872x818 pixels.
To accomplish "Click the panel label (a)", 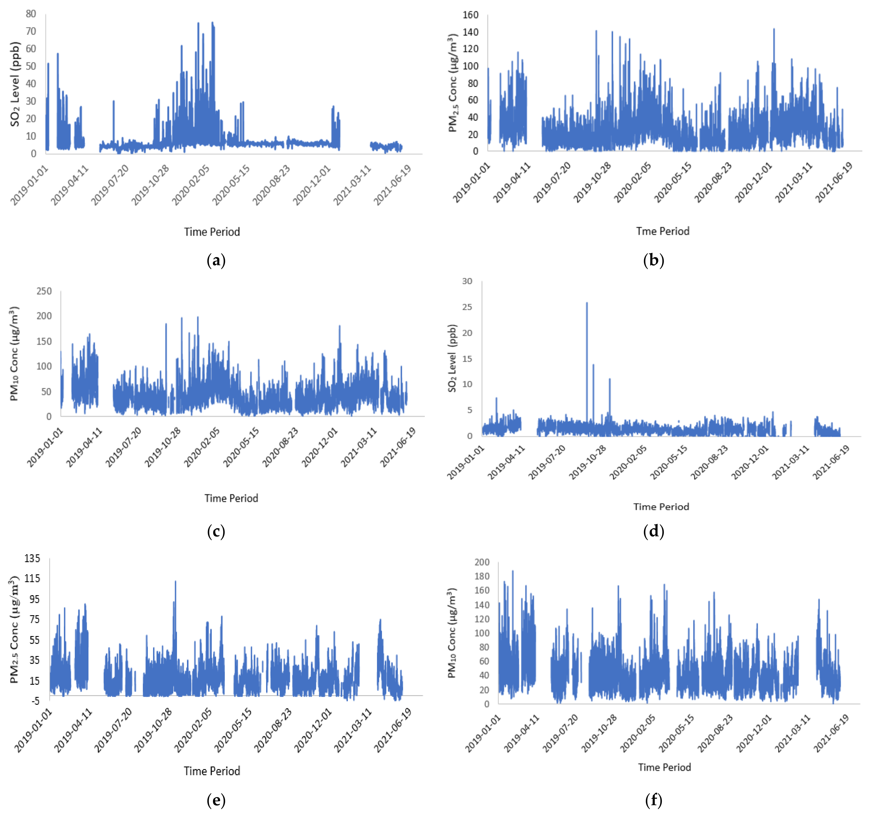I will pyautogui.click(x=216, y=261).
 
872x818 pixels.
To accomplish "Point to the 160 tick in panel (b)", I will pyautogui.click(x=470, y=15).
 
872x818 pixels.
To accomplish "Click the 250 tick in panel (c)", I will pyautogui.click(x=44, y=291).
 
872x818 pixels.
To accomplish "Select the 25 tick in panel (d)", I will pyautogui.click(x=467, y=307).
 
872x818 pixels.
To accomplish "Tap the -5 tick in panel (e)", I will pyautogui.click(x=35, y=701).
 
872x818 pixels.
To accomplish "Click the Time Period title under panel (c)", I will pyautogui.click(x=231, y=498).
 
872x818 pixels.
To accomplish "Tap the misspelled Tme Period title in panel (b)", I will pyautogui.click(x=662, y=231).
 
